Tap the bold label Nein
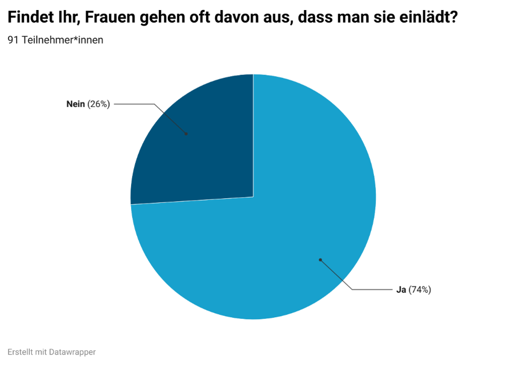pyautogui.click(x=76, y=104)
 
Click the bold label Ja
pyautogui.click(x=401, y=289)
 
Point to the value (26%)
pyautogui.click(x=98, y=104)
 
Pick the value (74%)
pyautogui.click(x=419, y=289)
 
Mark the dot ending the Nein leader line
pyautogui.click(x=186, y=134)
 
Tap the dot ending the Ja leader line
pyautogui.click(x=320, y=260)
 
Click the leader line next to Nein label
pyautogui.click(x=134, y=104)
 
